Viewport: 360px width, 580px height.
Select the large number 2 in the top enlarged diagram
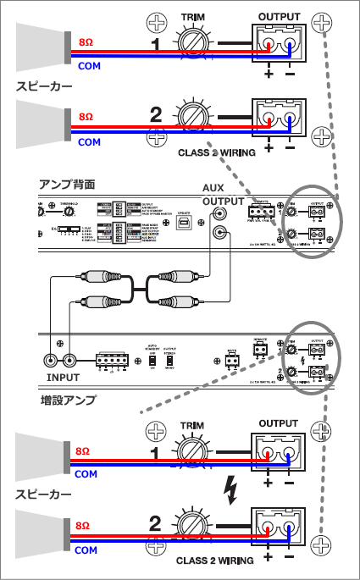point(156,113)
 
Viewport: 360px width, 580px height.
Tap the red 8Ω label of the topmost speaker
point(86,41)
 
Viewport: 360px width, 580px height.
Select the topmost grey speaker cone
point(42,47)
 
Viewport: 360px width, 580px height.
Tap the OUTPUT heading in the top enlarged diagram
point(279,17)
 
